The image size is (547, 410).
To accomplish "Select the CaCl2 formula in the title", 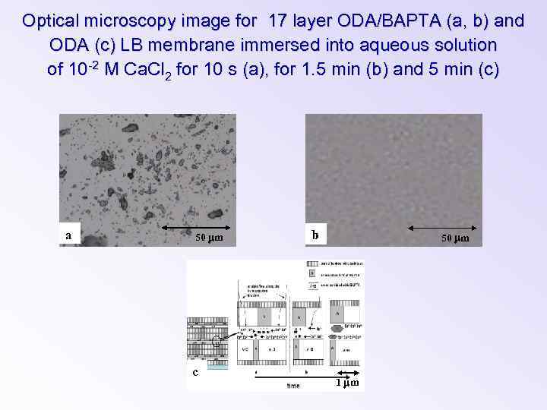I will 152,71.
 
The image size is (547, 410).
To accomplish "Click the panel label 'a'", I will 68,235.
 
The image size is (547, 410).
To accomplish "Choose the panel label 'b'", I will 315,235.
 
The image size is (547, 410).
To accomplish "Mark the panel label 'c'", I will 195,372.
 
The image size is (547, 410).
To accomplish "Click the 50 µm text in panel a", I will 209,239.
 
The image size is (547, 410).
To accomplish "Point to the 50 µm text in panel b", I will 456,239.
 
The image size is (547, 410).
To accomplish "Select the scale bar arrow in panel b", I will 444,227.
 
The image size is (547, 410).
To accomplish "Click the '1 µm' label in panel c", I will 347,382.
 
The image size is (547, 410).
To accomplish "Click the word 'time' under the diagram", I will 293,386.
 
